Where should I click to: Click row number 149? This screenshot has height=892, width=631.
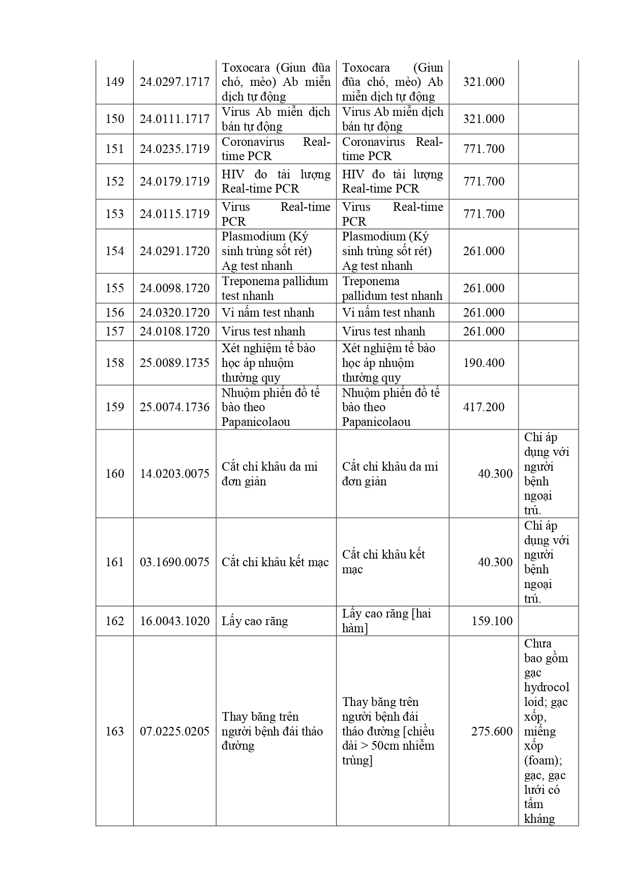point(114,82)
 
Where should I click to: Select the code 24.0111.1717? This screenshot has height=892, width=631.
point(174,119)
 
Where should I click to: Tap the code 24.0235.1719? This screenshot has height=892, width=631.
point(174,149)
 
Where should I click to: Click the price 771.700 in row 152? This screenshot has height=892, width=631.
point(484,181)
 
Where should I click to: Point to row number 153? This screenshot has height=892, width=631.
point(114,214)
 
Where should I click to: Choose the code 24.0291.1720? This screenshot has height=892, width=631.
point(174,251)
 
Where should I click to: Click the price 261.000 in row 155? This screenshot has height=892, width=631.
point(484,288)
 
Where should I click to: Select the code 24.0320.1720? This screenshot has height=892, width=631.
point(174,313)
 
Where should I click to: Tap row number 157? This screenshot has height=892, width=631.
point(114,331)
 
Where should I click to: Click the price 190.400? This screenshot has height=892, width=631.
point(484,363)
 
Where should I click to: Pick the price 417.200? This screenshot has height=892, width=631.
point(484,407)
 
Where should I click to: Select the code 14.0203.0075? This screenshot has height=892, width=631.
point(174,474)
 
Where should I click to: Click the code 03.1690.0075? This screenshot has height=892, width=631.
point(174,562)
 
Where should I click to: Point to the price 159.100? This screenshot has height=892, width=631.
point(492,621)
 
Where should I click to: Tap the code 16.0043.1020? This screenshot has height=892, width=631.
point(174,621)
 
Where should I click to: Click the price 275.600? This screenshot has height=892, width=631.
point(492,731)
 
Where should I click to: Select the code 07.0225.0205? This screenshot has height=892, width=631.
point(174,731)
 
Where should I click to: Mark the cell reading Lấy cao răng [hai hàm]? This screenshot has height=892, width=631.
point(386,621)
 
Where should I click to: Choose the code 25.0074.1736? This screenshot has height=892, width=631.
point(174,407)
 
